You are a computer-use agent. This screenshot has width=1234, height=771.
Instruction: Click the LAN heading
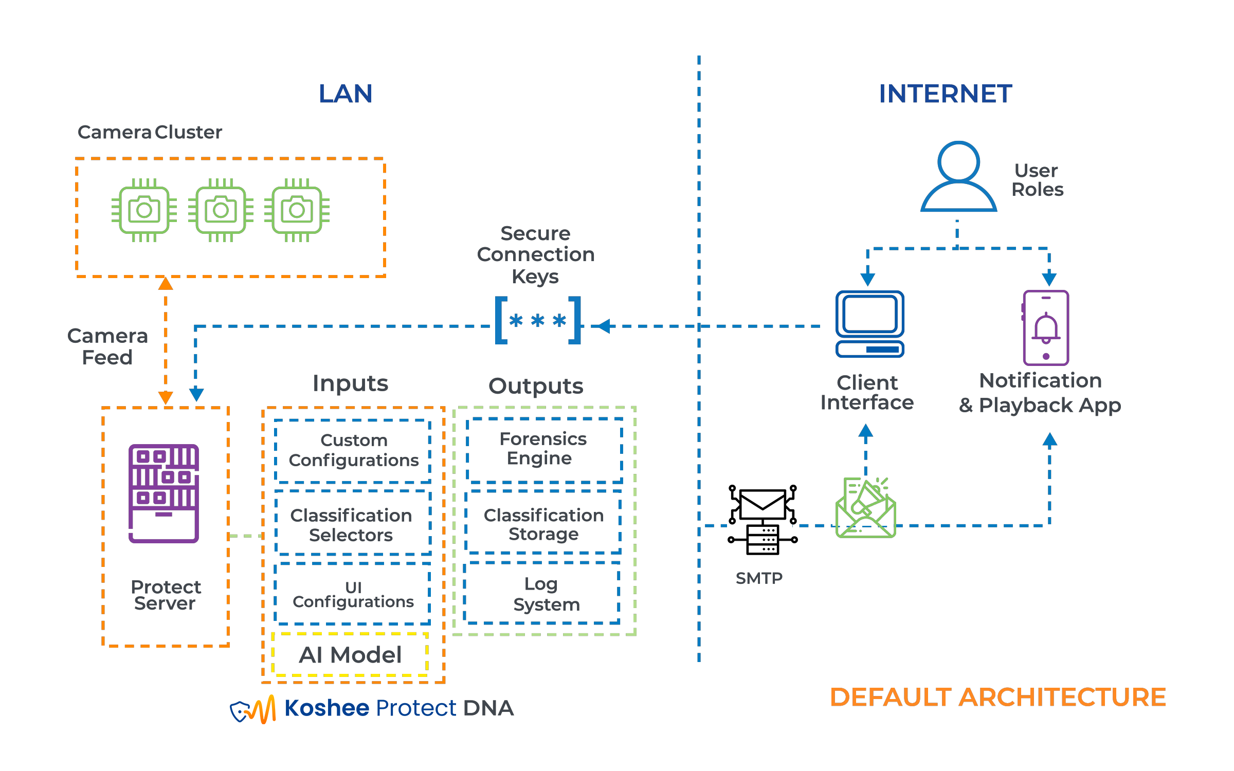click(x=346, y=94)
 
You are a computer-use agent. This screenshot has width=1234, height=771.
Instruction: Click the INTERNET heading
click(x=945, y=94)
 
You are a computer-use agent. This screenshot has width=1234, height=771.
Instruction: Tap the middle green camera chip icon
click(x=221, y=210)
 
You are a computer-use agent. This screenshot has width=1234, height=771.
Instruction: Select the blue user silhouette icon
click(x=958, y=177)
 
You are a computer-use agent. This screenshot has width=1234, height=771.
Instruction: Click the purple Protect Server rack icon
click(x=164, y=493)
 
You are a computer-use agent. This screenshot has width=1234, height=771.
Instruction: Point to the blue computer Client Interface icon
click(x=869, y=324)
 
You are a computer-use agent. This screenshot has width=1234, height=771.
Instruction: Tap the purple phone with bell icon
click(x=1046, y=327)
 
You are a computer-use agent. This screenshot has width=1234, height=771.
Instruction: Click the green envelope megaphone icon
click(x=866, y=508)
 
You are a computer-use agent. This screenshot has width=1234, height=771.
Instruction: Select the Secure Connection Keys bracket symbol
click(x=537, y=321)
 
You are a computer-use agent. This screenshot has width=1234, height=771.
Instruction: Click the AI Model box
click(x=350, y=654)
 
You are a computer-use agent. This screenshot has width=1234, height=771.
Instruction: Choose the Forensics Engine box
click(x=543, y=449)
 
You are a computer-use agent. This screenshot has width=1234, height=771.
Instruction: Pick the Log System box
click(x=542, y=594)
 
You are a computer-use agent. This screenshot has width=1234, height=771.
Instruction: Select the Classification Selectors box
click(x=352, y=524)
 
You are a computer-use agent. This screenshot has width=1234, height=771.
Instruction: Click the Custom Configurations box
click(x=353, y=450)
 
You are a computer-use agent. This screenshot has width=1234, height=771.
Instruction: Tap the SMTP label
click(x=759, y=578)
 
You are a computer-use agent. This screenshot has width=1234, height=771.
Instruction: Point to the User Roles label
click(x=1037, y=180)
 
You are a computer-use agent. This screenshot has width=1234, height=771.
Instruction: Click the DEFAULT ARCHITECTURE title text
click(x=997, y=697)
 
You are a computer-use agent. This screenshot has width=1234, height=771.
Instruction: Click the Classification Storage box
click(x=543, y=524)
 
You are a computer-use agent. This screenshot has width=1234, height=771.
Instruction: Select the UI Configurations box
click(x=353, y=594)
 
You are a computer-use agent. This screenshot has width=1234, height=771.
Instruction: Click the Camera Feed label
click(x=108, y=346)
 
